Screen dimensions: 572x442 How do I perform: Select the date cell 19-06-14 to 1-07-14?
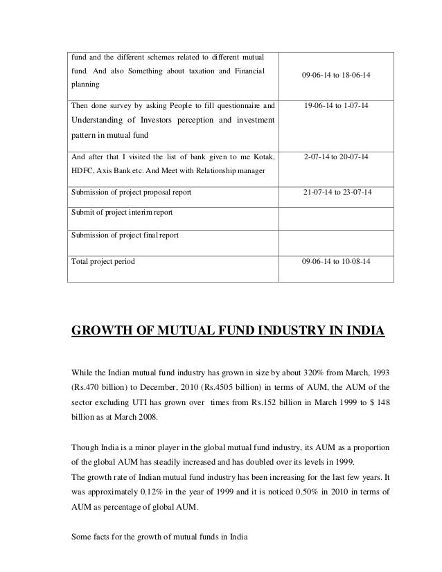click(x=336, y=107)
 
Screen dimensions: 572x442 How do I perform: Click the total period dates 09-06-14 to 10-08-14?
click(x=336, y=262)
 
